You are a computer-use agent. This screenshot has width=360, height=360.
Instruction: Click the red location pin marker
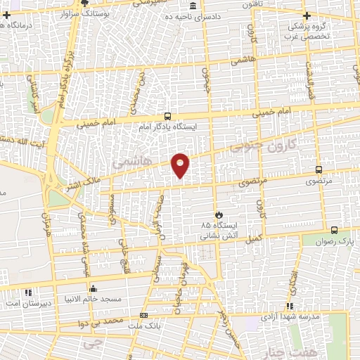[x=181, y=165]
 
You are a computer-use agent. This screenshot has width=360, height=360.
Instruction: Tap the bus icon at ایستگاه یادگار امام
[x=167, y=116]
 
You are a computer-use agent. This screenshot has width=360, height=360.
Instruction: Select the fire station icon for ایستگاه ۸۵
[x=218, y=214]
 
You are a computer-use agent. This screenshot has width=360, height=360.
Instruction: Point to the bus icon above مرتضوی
[x=319, y=169]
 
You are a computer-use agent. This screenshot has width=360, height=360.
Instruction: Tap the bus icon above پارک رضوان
[x=333, y=229]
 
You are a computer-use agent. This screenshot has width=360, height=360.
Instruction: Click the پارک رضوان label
[x=335, y=240]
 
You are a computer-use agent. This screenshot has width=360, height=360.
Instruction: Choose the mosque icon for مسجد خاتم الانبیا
[x=94, y=288]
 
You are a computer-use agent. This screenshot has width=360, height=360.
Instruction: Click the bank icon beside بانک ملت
[x=144, y=316]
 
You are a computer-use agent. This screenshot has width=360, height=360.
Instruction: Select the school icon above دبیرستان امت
[x=28, y=292]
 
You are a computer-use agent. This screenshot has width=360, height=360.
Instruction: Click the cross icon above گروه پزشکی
[x=305, y=15]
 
